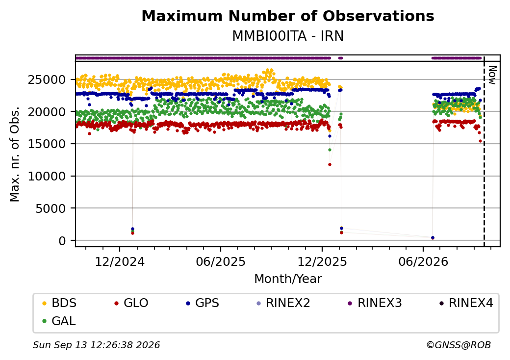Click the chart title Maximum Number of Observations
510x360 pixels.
pyautogui.click(x=288, y=16)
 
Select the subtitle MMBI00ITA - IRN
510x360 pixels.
pyautogui.click(x=288, y=36)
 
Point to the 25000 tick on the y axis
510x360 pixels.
pyautogui.click(x=47, y=79)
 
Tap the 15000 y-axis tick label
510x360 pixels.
pyautogui.click(x=47, y=144)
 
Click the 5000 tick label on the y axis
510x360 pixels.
pyautogui.click(x=51, y=208)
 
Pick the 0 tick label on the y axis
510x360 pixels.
pyautogui.click(x=62, y=241)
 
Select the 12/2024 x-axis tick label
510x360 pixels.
pyautogui.click(x=120, y=262)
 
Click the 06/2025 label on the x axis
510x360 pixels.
pyautogui.click(x=221, y=262)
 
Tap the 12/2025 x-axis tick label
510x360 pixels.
pyautogui.click(x=322, y=262)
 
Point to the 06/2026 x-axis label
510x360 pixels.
pyautogui.click(x=423, y=262)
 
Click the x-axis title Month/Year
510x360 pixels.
pyautogui.click(x=288, y=279)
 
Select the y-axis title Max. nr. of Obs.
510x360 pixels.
pyautogui.click(x=15, y=154)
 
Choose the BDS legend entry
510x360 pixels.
pyautogui.click(x=59, y=303)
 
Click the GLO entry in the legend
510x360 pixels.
pyautogui.click(x=131, y=303)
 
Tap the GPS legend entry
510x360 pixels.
pyautogui.click(x=203, y=303)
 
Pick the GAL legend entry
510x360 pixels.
pyautogui.click(x=59, y=321)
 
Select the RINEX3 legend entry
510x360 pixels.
pyautogui.click(x=375, y=303)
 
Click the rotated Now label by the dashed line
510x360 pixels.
pyautogui.click(x=493, y=75)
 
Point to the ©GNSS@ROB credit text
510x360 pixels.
pyautogui.click(x=459, y=345)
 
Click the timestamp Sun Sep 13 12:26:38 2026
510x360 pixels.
pyautogui.click(x=96, y=345)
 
